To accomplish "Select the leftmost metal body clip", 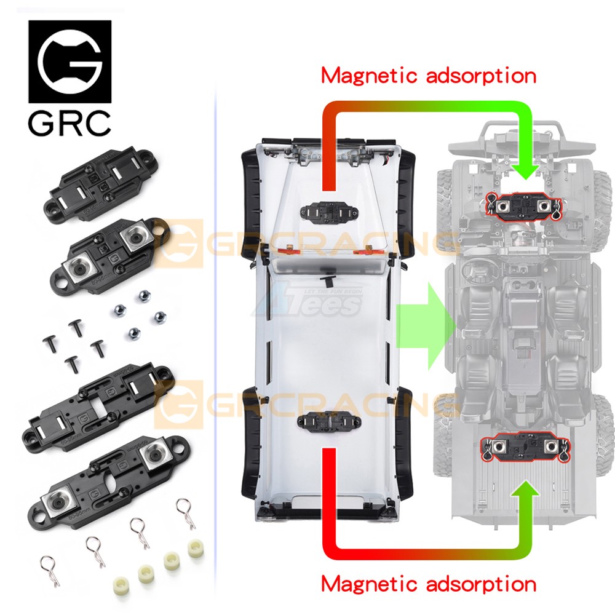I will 47,563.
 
